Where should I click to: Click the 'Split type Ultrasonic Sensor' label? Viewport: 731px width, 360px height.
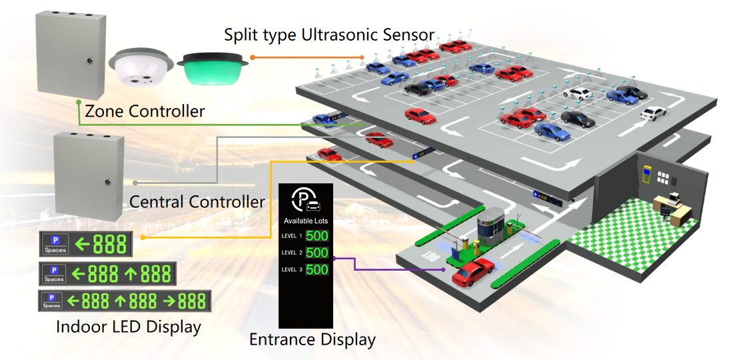[x=329, y=35]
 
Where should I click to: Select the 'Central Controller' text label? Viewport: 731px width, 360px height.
[x=197, y=201]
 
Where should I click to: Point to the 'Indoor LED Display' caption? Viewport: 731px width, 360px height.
[x=129, y=327]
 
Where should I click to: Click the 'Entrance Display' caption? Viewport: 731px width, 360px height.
[x=312, y=339]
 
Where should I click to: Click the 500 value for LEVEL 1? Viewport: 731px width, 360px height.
[x=317, y=235]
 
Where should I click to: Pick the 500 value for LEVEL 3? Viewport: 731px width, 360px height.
[x=317, y=269]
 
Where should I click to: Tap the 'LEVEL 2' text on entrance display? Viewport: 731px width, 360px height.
[x=292, y=253]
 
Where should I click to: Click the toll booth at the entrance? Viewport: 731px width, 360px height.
[x=491, y=224]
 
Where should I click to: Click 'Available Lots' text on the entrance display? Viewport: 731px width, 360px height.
[x=306, y=221]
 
